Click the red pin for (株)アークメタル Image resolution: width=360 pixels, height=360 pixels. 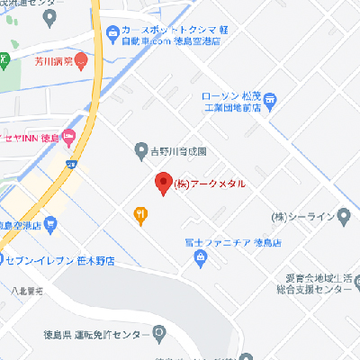pos(163,183)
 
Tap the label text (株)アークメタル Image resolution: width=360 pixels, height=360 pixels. pos(209,184)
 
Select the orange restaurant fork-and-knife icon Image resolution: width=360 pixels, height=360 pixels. pos(141,213)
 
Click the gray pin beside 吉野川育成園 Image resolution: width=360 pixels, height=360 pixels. pos(141,148)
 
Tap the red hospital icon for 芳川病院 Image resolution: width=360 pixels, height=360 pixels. pos(81,62)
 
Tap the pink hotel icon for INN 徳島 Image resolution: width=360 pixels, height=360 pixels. pos(74,138)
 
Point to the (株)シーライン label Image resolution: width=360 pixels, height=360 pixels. pos(309,217)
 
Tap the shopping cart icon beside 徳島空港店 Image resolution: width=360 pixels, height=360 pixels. pos(51,223)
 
